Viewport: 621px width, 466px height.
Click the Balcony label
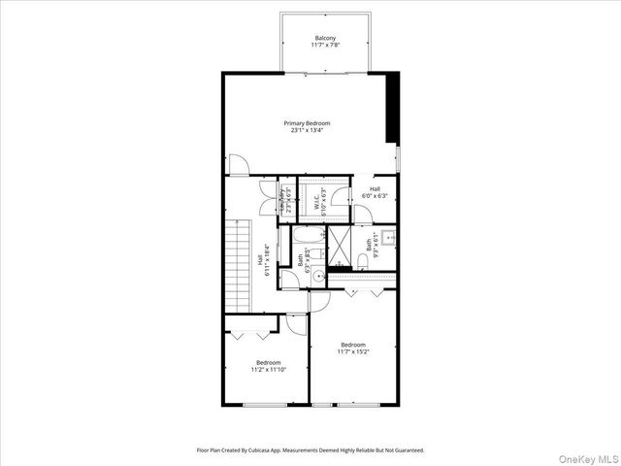[x=324, y=38]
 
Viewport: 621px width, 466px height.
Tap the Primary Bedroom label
[x=307, y=123]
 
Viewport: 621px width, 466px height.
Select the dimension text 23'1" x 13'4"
[x=307, y=131]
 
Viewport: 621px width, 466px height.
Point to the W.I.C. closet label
[x=316, y=201]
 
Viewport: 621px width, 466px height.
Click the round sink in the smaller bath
[x=289, y=275]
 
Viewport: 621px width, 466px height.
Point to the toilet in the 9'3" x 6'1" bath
[x=363, y=259]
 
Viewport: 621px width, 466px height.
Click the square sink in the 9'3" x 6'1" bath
[x=387, y=236]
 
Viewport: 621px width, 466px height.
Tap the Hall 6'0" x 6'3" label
[x=375, y=192]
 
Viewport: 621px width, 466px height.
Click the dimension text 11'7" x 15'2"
[x=353, y=352]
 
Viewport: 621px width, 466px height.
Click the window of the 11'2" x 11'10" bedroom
[x=262, y=404]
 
